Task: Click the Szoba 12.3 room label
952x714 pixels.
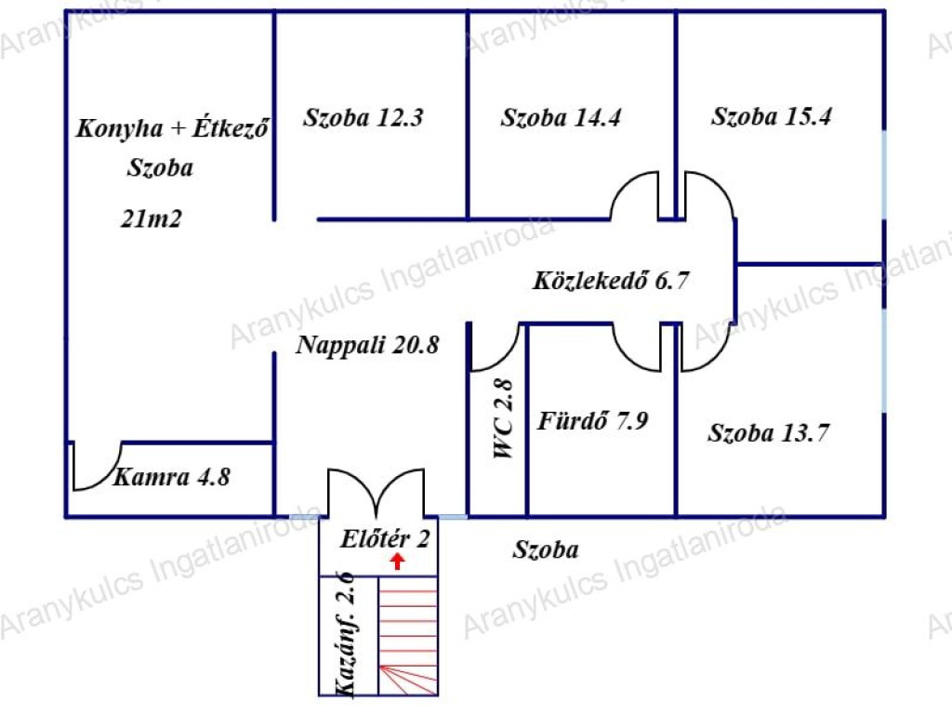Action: [364, 117]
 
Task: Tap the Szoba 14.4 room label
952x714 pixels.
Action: [561, 117]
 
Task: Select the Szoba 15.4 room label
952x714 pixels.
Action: [771, 116]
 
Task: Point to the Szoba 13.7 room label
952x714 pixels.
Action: [769, 433]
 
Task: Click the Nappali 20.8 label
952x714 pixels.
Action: [366, 345]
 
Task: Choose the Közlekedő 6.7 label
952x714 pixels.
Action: [611, 280]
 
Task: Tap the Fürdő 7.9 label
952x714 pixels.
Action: [592, 420]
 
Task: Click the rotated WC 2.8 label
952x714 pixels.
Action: [504, 418]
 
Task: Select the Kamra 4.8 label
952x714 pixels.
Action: [172, 477]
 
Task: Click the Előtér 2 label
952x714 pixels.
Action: [385, 538]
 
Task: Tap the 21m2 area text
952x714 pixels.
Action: [152, 218]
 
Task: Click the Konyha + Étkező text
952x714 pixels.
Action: [172, 128]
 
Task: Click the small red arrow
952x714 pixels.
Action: [397, 562]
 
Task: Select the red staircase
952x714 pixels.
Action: [408, 635]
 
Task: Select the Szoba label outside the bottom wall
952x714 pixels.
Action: [545, 549]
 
